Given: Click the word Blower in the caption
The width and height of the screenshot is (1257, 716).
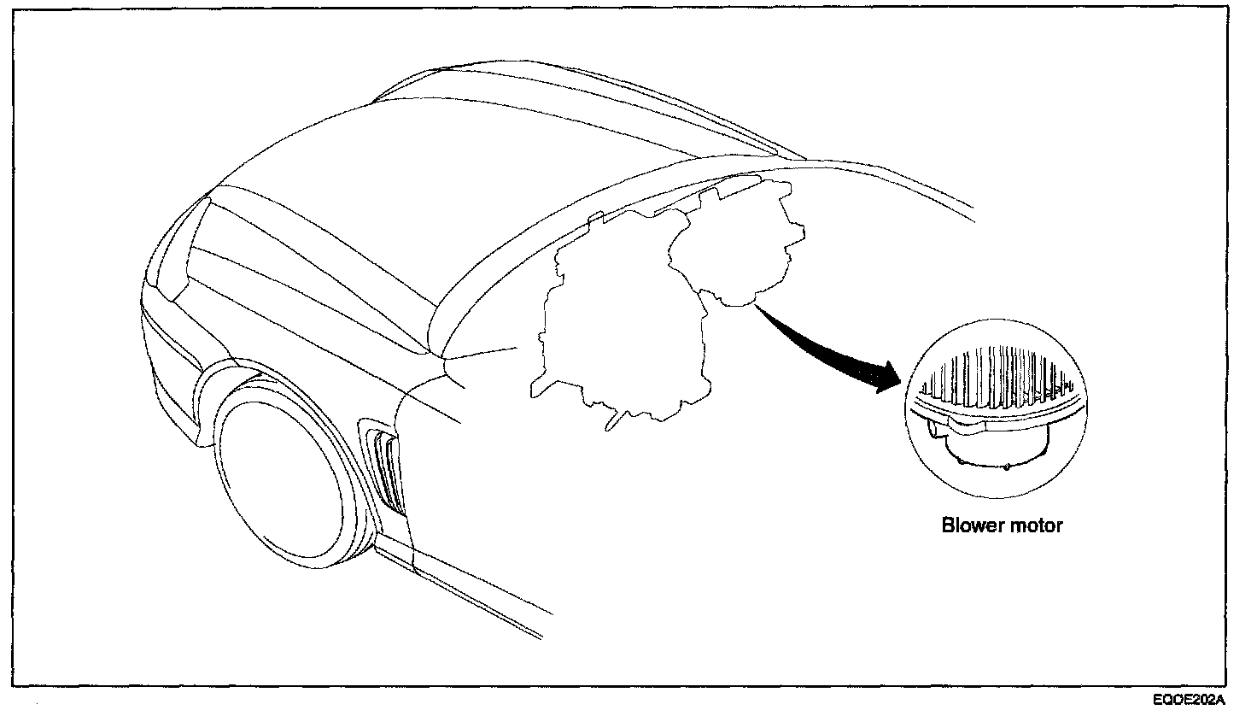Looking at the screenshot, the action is tap(968, 525).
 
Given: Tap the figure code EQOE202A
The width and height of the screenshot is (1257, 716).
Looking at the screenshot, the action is tap(1188, 700).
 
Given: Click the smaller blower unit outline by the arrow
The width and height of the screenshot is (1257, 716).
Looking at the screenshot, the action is tap(739, 248).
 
